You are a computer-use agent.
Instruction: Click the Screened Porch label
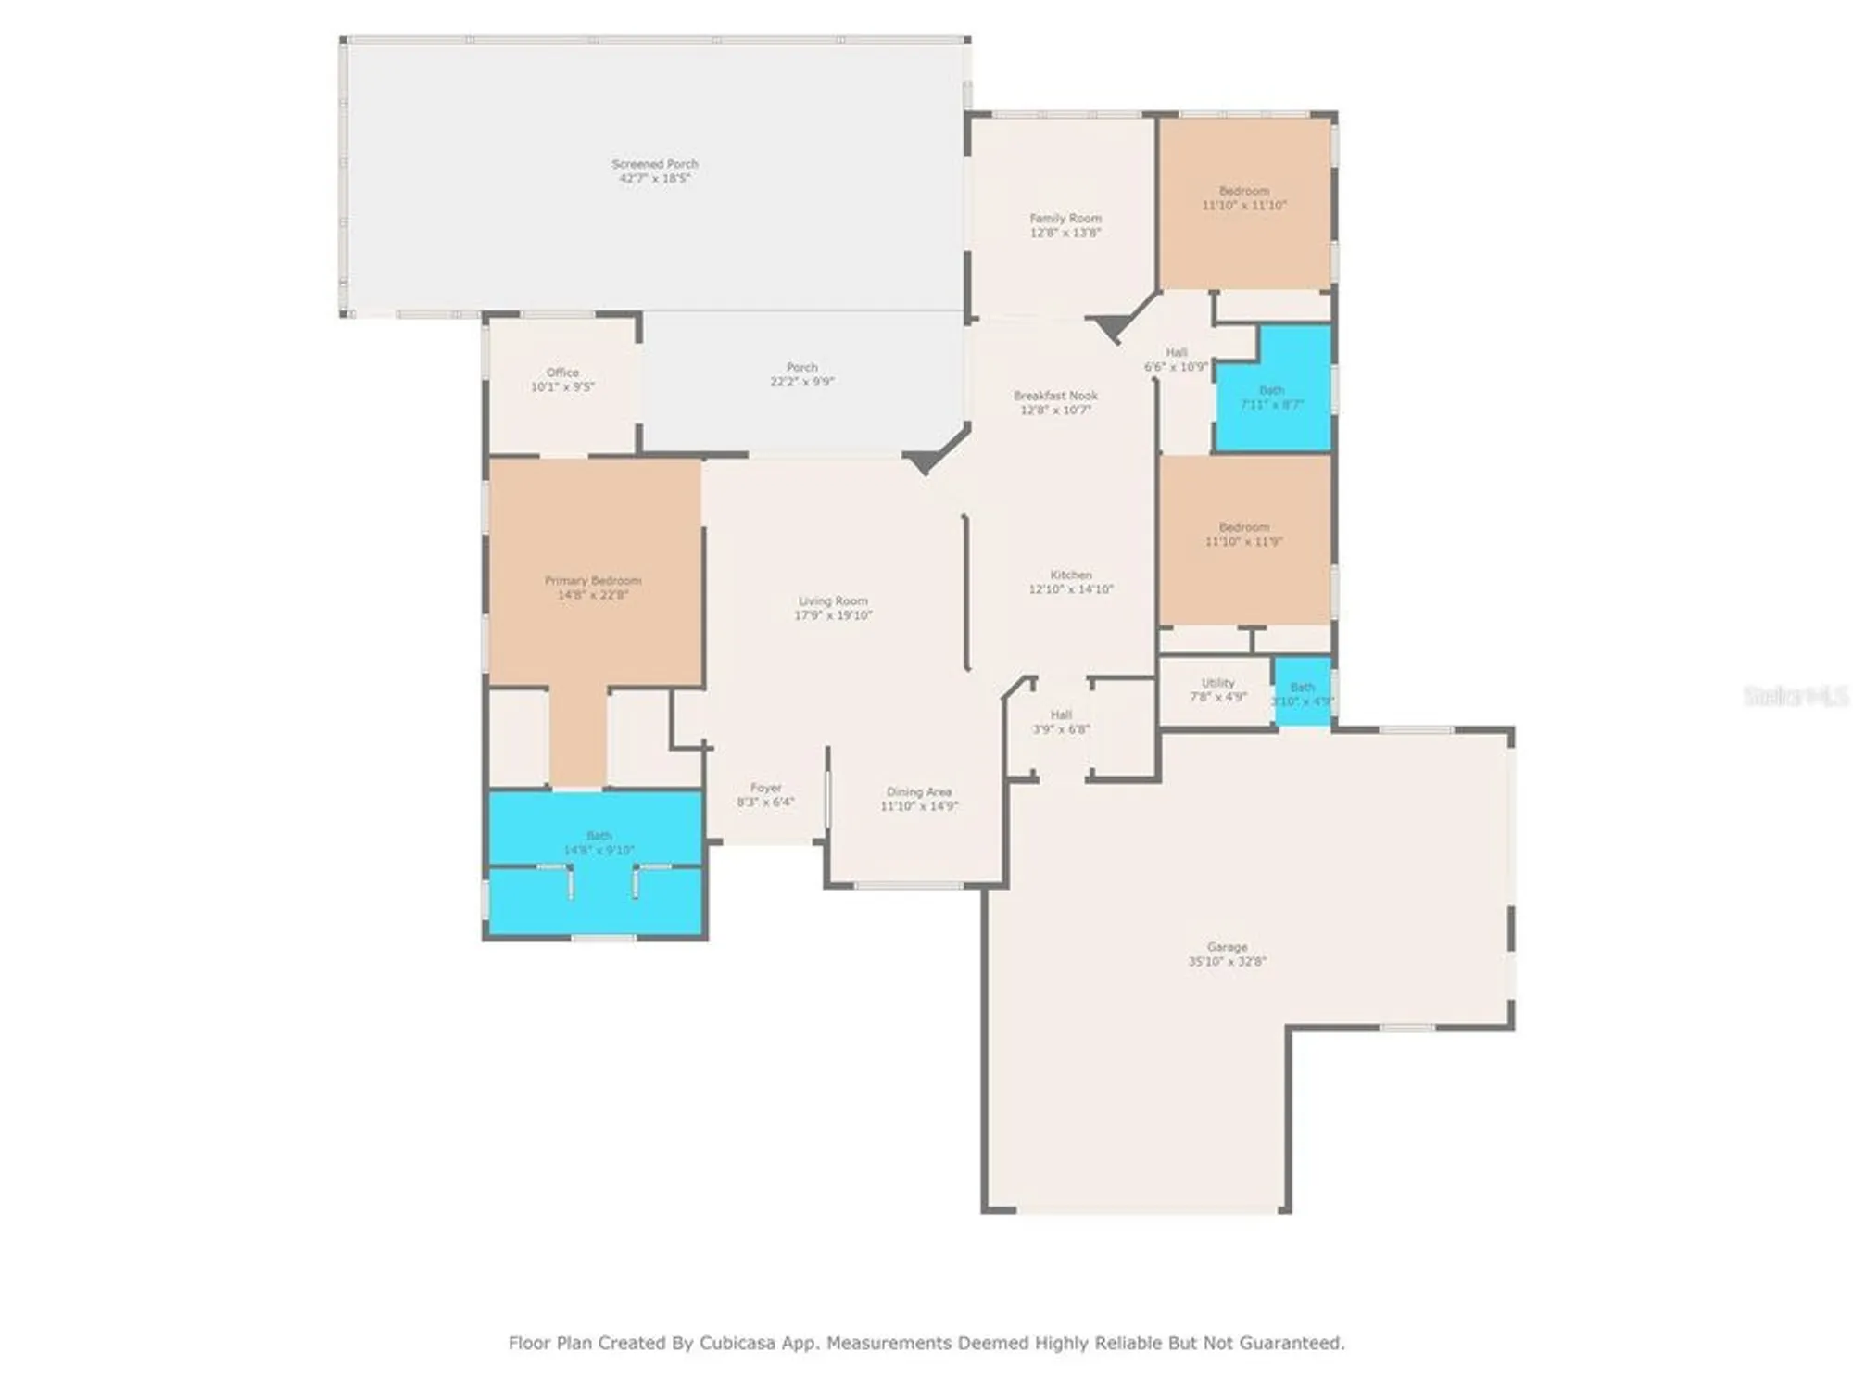(x=654, y=164)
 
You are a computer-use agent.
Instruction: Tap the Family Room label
(x=1065, y=219)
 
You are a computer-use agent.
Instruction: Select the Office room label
(x=562, y=373)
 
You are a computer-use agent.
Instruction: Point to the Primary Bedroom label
(x=593, y=581)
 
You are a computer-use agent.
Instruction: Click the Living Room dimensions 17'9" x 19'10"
(x=833, y=615)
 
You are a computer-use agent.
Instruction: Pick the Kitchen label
(x=1071, y=575)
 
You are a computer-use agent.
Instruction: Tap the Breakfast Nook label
(x=1055, y=396)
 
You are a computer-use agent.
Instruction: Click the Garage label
(x=1227, y=947)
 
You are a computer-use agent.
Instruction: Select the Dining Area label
(x=918, y=792)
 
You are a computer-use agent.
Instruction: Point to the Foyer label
(x=766, y=788)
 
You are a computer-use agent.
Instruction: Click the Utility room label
(x=1217, y=683)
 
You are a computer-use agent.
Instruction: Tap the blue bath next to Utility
(x=1303, y=693)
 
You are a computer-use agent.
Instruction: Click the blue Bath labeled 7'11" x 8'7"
(x=1271, y=398)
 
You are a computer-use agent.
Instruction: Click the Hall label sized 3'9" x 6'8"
(x=1061, y=715)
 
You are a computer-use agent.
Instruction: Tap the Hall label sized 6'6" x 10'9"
(x=1176, y=353)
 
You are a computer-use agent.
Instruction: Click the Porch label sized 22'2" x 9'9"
(x=801, y=368)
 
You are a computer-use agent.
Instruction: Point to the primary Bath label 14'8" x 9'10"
(x=599, y=836)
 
